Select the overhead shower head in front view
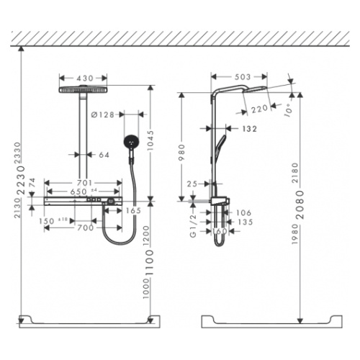pyautogui.click(x=85, y=89)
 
